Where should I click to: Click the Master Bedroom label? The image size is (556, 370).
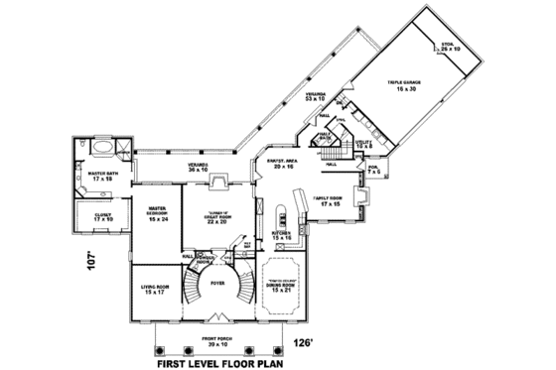point(159,212)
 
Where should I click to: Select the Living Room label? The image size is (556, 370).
point(155,290)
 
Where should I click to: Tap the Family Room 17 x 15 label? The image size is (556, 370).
point(329,201)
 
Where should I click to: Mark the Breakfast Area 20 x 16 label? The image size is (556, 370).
point(277,164)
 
